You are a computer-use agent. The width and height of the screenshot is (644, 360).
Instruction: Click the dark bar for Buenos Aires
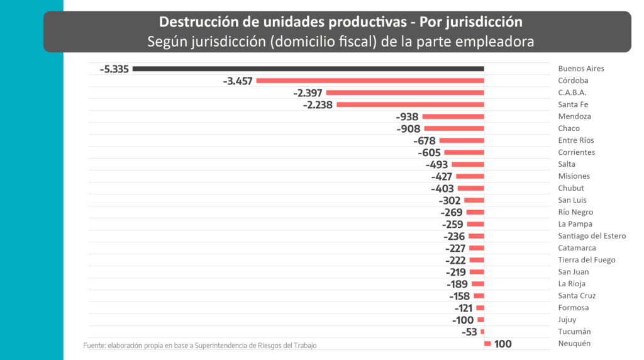coord(308,69)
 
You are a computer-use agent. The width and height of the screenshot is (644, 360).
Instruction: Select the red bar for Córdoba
coord(370,81)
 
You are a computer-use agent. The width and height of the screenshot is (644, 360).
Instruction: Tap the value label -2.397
coord(308,93)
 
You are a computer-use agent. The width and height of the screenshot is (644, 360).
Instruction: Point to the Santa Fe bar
coord(410,104)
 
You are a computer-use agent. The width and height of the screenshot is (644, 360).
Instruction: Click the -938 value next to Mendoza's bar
coord(408,116)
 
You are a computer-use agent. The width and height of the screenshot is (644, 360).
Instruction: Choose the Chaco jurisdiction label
coord(569,128)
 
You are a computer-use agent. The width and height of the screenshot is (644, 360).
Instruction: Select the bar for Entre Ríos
coord(462,140)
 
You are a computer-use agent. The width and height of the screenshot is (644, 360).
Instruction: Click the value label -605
coord(429,152)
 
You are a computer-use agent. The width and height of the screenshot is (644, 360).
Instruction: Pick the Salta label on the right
coord(567,164)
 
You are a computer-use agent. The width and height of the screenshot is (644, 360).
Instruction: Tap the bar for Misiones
coord(470,176)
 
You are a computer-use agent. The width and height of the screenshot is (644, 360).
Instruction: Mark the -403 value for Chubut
coord(443,188)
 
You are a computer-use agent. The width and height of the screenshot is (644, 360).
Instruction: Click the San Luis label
coord(573,200)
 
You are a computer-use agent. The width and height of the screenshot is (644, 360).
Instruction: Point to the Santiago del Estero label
coord(592,236)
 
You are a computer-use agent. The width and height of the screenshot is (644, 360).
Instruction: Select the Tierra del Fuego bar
coord(477,260)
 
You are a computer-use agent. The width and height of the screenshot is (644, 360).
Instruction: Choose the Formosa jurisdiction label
coord(573,308)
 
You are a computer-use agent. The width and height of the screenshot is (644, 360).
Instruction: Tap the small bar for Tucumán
coord(482,332)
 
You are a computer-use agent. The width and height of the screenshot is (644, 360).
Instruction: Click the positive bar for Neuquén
coord(487,344)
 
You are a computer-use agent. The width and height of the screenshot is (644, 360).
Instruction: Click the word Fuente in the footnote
coord(94,346)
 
